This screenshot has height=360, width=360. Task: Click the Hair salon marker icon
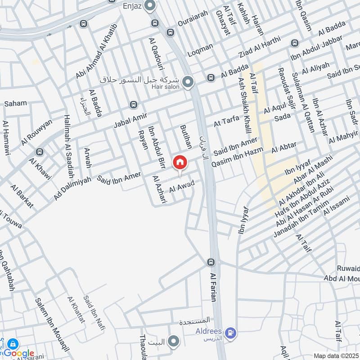189,82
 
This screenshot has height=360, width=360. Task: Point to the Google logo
19,353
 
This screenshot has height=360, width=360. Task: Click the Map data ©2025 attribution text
335,355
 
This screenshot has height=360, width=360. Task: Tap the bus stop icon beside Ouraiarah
171,32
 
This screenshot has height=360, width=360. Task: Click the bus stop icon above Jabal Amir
133,105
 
